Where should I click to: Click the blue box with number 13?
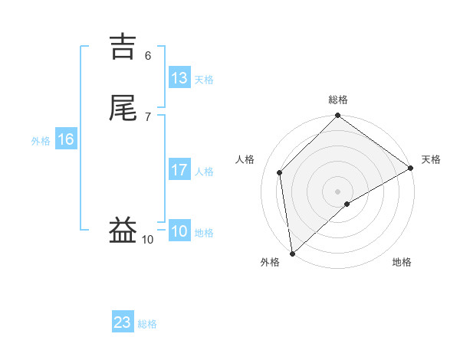click(179, 78)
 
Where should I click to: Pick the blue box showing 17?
click(179, 170)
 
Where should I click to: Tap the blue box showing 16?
click(66, 139)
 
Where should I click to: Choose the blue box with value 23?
click(123, 322)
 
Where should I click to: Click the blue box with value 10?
click(179, 231)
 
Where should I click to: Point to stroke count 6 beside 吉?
click(148, 55)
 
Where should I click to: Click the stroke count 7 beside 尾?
click(148, 116)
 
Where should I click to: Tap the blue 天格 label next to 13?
click(204, 79)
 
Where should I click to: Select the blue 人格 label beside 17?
click(204, 172)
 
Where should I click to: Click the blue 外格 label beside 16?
click(41, 141)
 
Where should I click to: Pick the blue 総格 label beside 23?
click(148, 324)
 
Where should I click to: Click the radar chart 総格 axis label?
click(338, 100)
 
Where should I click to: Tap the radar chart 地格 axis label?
click(402, 262)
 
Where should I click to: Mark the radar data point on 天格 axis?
click(411, 168)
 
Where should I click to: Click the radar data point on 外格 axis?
click(292, 254)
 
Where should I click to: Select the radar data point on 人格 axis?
click(280, 172)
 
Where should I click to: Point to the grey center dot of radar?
click(338, 191)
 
